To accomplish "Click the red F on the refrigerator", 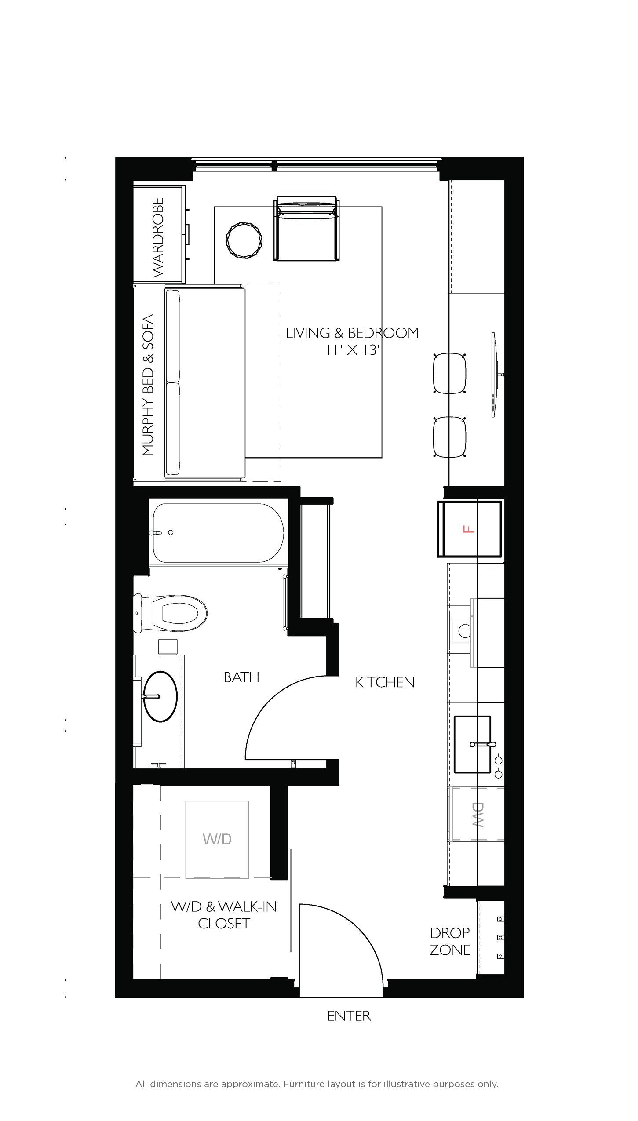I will (470, 529).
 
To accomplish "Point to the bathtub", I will (218, 532).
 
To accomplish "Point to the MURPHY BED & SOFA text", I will (149, 385).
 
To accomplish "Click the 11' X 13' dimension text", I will (352, 350).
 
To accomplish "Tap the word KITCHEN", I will (385, 682).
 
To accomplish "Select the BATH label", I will (241, 677).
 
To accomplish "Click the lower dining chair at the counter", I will (449, 437).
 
